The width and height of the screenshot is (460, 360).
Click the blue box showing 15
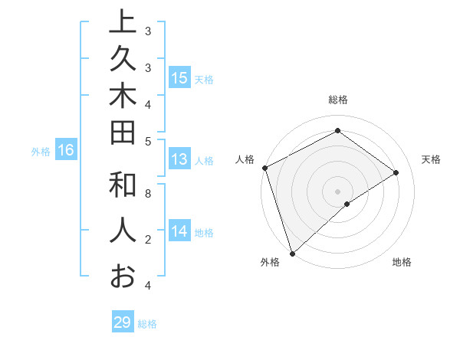pos(179,78)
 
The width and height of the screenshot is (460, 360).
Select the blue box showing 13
pos(179,160)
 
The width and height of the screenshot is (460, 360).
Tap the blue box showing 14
pos(179,231)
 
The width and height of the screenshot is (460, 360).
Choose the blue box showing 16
pos(66,151)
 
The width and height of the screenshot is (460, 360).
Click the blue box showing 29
pos(123,322)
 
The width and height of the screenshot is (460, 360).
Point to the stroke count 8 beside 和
pos(148,194)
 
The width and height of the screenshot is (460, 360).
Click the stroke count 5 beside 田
pos(148,141)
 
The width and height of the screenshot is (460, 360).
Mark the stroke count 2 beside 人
pos(148,240)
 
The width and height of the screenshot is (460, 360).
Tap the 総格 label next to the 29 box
pos(148,324)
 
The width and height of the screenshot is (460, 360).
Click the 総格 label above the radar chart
pos(337,100)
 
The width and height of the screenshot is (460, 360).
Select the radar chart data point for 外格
pos(292,252)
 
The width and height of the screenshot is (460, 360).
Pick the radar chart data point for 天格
pos(396,172)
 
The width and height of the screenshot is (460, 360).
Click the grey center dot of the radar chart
pos(337,191)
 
